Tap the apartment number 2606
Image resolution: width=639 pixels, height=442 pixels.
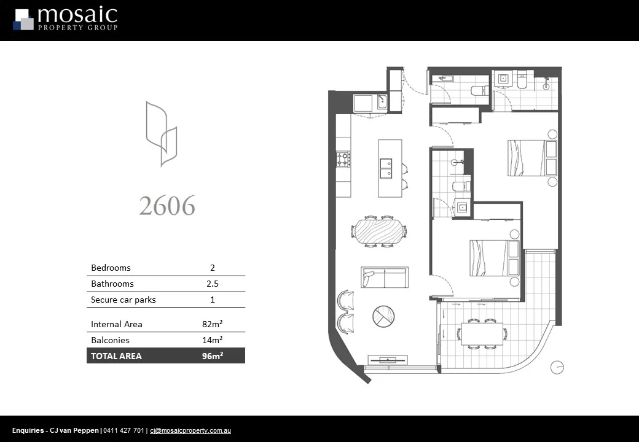[167, 206]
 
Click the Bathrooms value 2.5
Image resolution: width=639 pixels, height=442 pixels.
[213, 284]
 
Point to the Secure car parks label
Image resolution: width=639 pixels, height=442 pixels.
[123, 300]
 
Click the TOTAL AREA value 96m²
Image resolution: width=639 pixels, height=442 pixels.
[213, 356]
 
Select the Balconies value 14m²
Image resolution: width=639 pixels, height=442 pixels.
[213, 340]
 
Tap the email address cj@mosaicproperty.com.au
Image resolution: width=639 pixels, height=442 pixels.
[190, 431]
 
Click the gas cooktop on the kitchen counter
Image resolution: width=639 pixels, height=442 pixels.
[343, 160]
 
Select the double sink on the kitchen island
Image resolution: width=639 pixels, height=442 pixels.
[386, 168]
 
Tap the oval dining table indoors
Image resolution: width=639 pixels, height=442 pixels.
[378, 231]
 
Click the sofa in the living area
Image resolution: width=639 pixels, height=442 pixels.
[385, 277]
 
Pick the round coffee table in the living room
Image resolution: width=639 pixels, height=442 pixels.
[383, 316]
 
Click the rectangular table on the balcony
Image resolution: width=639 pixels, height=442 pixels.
[482, 333]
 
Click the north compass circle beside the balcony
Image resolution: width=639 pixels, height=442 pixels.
[557, 367]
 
